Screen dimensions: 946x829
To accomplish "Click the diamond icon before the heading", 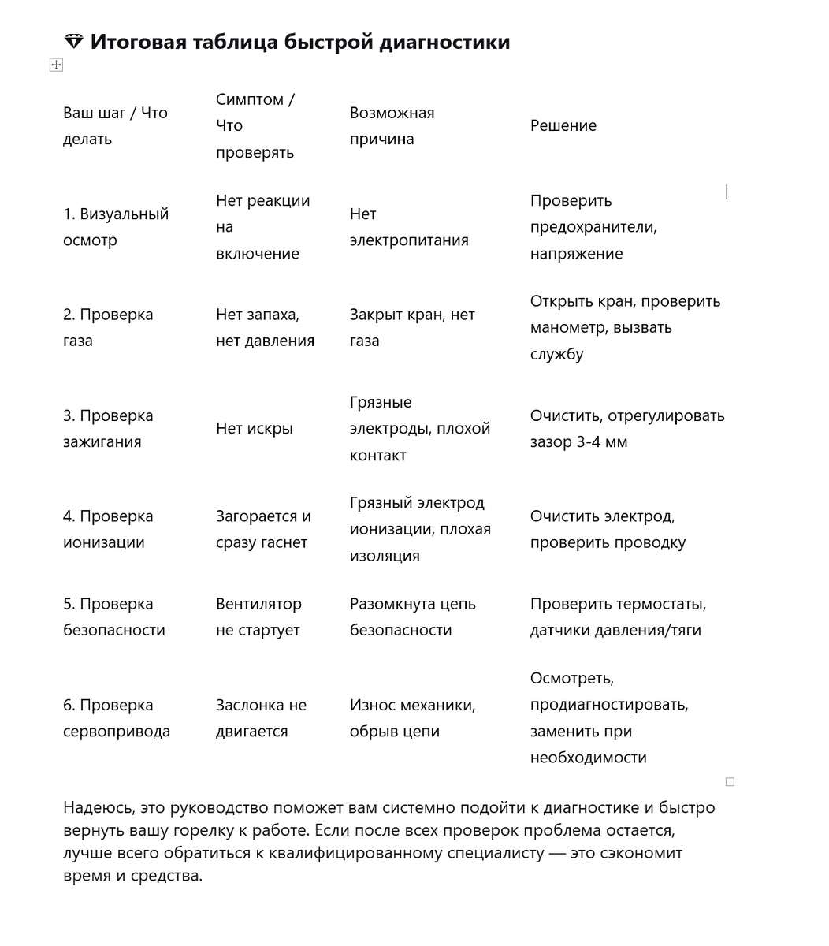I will coord(73,42).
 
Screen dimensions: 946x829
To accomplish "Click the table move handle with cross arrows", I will coord(56,65).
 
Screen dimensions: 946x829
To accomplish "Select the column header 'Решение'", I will coord(563,126).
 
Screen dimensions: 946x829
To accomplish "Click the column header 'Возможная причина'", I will coord(392,126).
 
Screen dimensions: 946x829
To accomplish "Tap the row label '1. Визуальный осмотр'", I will coord(115,227).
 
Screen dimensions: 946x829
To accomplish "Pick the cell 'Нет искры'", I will coord(254,429).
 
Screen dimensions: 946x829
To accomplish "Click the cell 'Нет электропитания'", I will coord(408,227).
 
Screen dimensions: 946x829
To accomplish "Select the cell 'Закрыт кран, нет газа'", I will coord(411,328).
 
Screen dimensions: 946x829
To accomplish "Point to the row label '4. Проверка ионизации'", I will coord(108,529).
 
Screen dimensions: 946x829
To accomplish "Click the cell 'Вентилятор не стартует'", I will coord(258,617).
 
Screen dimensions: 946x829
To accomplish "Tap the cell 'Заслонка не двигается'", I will coord(261,718).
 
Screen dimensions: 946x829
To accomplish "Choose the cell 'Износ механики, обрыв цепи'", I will coord(412,718).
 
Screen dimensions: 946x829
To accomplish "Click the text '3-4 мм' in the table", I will coord(600,442).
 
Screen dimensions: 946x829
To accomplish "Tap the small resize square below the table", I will coord(730,782).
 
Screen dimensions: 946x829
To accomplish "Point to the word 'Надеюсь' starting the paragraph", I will coord(97,808).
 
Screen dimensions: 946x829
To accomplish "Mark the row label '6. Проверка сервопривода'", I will coord(116,718).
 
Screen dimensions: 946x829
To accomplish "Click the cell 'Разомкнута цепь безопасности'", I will coord(412,617).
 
